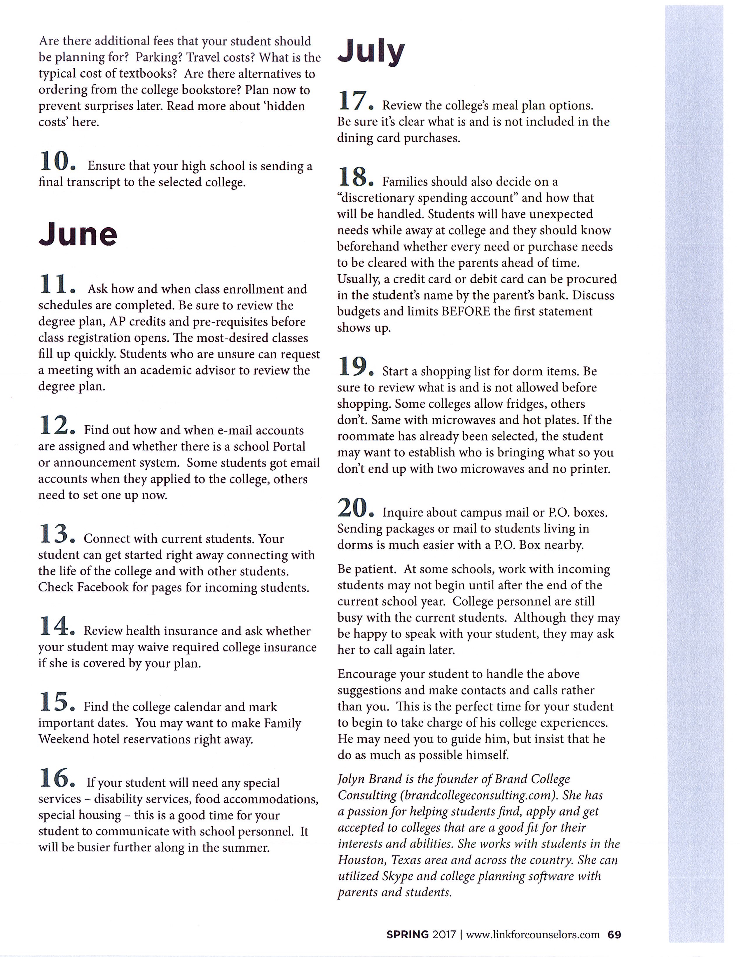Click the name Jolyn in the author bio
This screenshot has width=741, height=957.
352,779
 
